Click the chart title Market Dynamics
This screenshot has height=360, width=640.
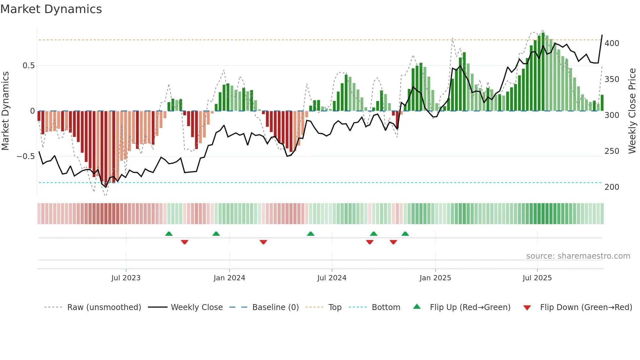[x=51, y=9]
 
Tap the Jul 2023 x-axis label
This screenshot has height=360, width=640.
[x=126, y=278]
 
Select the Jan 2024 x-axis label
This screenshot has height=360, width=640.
[x=229, y=278]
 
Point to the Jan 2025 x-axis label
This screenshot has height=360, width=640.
[x=435, y=278]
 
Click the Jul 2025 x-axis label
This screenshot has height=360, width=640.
[x=537, y=278]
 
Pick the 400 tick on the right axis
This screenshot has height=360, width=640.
[x=612, y=43]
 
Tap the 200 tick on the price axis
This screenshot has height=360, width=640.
[x=612, y=187]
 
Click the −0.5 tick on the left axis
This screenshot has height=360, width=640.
[x=25, y=156]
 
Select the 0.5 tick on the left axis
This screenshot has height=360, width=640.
[x=28, y=66]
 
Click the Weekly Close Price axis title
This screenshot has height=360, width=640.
[x=632, y=111]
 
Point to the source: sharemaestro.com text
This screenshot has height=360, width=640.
[x=578, y=256]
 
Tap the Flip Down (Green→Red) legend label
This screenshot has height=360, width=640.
[x=586, y=307]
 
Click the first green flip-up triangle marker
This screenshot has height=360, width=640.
[x=169, y=234]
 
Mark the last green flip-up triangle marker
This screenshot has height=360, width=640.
[x=405, y=234]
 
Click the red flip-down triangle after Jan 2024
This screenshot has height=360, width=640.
[x=264, y=242]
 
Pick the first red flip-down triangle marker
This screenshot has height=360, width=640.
[x=184, y=242]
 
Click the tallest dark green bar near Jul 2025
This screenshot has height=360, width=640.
[x=543, y=72]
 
